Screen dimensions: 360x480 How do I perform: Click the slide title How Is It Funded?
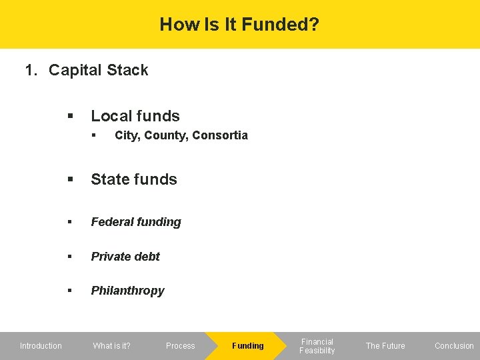click(x=239, y=25)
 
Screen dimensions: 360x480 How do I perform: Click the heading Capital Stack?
click(x=99, y=70)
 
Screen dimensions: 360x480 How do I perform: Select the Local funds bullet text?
click(x=135, y=116)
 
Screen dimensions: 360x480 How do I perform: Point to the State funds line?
click(x=134, y=179)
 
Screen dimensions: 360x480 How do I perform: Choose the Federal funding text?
click(x=136, y=222)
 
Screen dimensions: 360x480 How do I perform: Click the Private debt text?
click(x=125, y=257)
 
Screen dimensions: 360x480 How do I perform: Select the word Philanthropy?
click(x=127, y=291)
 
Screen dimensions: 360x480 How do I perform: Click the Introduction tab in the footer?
click(x=41, y=346)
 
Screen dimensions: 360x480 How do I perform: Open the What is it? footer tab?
click(x=111, y=346)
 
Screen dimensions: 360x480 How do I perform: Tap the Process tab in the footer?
click(x=180, y=346)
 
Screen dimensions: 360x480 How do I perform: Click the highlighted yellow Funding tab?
click(x=247, y=346)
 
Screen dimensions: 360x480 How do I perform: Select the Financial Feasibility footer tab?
click(x=317, y=346)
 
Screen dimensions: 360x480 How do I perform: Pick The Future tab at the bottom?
click(x=385, y=346)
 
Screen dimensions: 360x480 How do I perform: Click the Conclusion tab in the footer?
click(x=454, y=346)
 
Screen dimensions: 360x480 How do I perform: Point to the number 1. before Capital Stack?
click(x=31, y=70)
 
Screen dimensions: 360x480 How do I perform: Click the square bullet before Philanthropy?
click(x=69, y=291)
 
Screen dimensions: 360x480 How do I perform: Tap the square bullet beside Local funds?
click(x=69, y=117)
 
